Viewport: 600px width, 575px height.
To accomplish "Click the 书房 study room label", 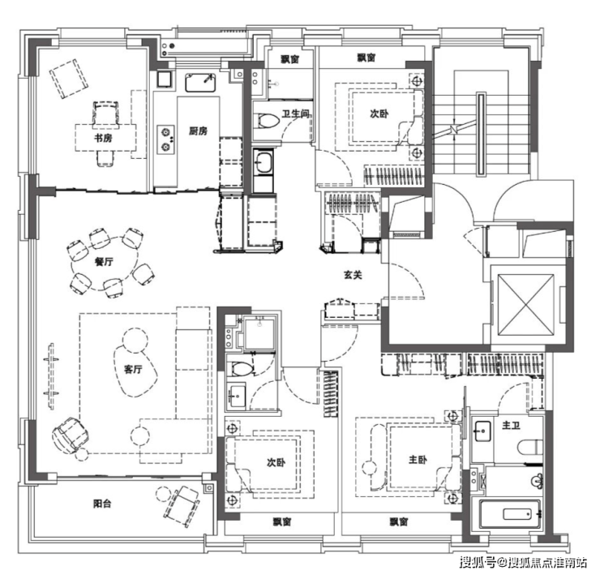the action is (x=103, y=138).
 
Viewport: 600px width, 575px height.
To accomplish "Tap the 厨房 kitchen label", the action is (x=198, y=131).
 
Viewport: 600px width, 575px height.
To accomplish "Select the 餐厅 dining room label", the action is (x=104, y=262).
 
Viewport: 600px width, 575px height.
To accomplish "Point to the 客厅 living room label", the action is (x=133, y=370).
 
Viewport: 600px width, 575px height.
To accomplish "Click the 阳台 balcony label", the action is (x=102, y=504).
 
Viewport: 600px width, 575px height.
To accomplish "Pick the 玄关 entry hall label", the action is (x=353, y=275).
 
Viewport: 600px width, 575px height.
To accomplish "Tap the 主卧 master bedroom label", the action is (x=418, y=459).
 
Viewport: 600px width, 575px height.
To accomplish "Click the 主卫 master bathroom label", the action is (x=511, y=425).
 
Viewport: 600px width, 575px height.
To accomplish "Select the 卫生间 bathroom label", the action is (x=295, y=114).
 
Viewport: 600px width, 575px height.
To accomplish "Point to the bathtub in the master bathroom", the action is (x=510, y=513).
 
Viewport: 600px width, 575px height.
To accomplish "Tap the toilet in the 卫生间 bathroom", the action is (x=266, y=121).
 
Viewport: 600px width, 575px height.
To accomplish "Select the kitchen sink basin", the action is (x=200, y=83).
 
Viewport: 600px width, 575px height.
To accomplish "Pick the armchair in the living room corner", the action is (x=71, y=436).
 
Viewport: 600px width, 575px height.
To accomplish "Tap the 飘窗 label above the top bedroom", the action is (x=366, y=58).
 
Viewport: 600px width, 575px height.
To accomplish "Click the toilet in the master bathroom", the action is (x=530, y=447).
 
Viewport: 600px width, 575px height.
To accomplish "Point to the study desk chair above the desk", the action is (x=105, y=113).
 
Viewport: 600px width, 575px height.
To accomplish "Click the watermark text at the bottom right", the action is (x=524, y=562).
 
